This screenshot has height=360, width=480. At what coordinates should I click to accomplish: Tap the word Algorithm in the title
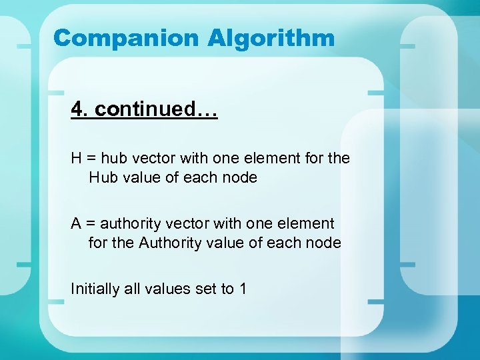271,38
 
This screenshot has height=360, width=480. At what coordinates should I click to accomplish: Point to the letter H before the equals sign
77,159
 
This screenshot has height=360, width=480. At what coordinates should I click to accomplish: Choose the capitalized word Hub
103,178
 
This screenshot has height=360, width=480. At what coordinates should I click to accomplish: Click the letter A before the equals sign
77,224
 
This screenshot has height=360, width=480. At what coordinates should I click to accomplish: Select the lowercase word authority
127,224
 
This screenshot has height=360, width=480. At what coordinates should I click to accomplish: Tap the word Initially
95,289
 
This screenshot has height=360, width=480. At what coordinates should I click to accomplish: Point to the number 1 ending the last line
243,289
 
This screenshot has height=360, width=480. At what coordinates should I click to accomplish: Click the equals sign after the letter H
91,159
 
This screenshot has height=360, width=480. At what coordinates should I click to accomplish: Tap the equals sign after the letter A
91,224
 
